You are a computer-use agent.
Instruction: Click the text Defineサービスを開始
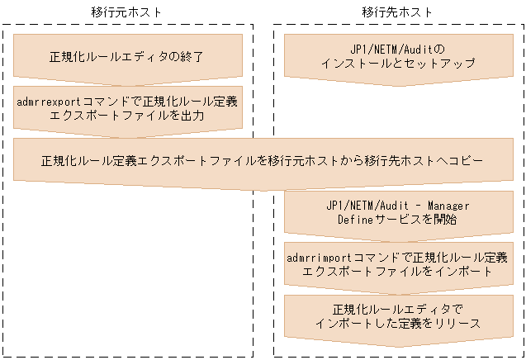click(x=397, y=220)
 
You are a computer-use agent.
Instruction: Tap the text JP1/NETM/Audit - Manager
click(x=397, y=205)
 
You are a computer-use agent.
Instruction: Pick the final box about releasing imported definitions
click(x=397, y=315)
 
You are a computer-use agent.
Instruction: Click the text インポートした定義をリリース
click(x=397, y=323)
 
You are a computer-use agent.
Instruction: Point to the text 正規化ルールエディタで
click(x=397, y=308)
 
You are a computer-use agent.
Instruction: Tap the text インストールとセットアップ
click(x=397, y=64)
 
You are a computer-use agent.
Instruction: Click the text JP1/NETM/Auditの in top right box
click(x=397, y=49)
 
